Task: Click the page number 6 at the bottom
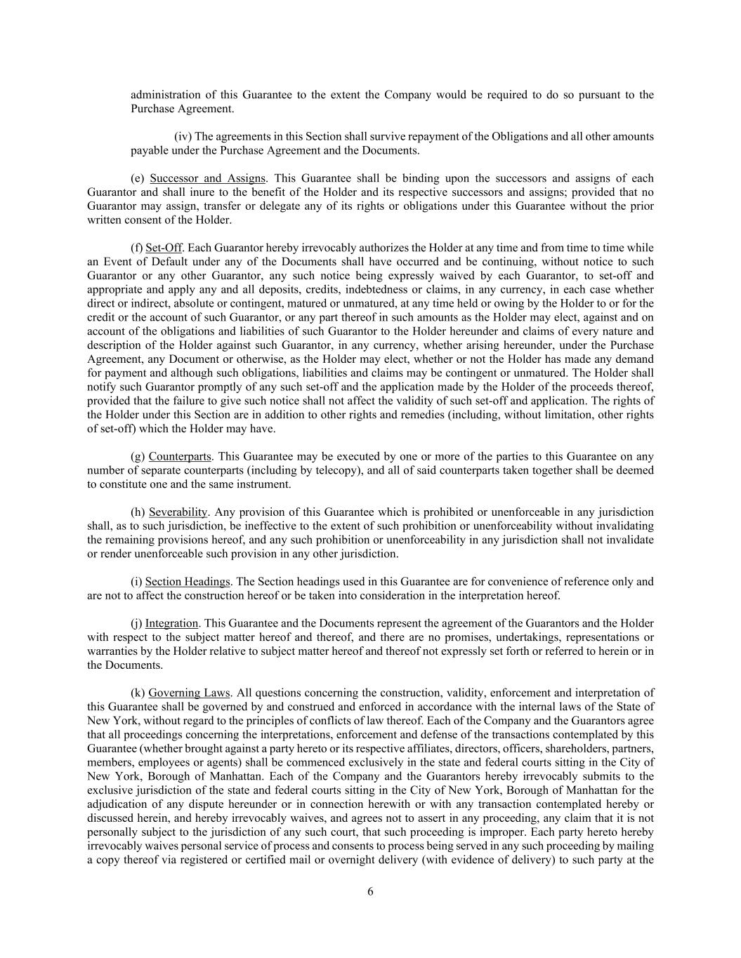(x=370, y=892)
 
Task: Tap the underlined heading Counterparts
(x=179, y=457)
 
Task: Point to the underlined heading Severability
(x=178, y=512)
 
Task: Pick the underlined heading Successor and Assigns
(x=208, y=178)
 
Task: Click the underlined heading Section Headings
(x=188, y=582)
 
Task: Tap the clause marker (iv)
(x=183, y=136)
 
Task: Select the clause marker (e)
(x=138, y=178)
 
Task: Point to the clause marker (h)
(x=138, y=512)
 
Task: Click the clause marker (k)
(x=138, y=693)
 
